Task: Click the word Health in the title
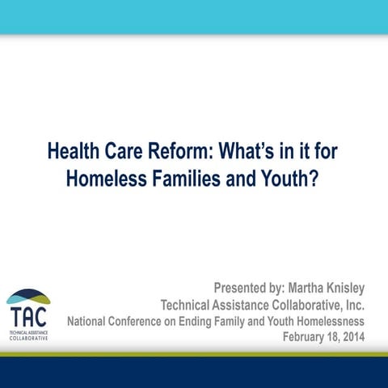click(74, 151)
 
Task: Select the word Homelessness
click(327, 321)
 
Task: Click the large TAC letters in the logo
click(28, 315)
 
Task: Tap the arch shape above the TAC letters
click(28, 297)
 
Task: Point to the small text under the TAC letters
click(28, 335)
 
